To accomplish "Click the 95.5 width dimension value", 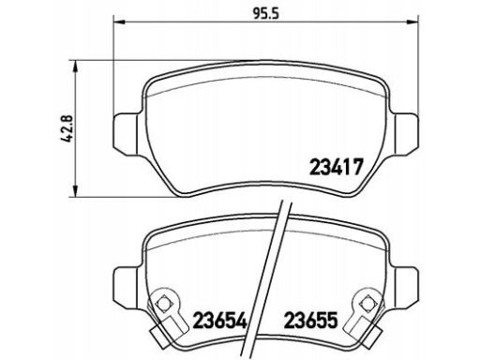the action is click(265, 14).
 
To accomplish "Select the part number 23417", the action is click(337, 167).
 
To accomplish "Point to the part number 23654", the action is click(220, 320).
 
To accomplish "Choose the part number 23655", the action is click(310, 320).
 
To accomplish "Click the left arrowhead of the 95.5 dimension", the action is click(119, 22).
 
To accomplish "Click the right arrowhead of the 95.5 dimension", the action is click(412, 22).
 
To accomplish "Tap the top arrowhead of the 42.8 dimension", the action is click(75, 67).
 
